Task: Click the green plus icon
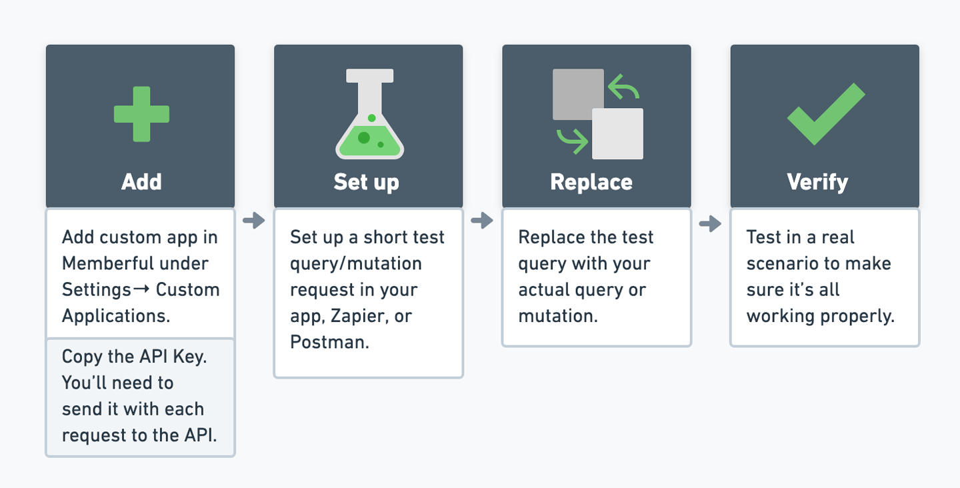pos(141,114)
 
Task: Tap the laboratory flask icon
pos(369,114)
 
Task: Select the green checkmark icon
pos(826,114)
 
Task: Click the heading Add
pos(141,181)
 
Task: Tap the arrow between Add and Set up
pos(254,220)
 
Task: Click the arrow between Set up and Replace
pos(482,220)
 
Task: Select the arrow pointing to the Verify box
pos(710,223)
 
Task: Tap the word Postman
pos(329,342)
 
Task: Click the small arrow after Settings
pos(141,289)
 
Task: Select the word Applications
pos(116,317)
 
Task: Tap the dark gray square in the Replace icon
pos(578,94)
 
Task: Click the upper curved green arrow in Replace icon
pos(623,87)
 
